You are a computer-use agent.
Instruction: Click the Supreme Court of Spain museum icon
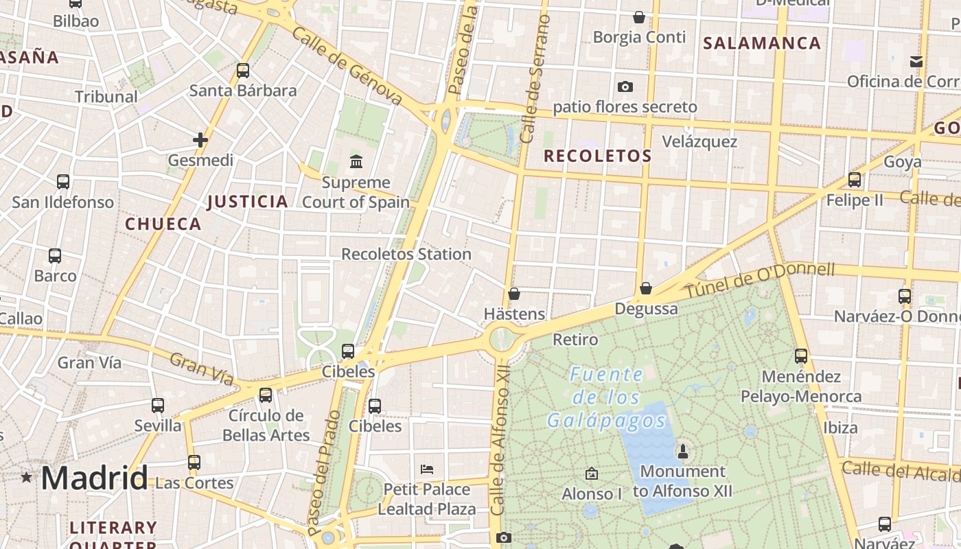tap(356, 162)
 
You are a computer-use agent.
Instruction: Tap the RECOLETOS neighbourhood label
tap(597, 156)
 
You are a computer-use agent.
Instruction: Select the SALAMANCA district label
tap(762, 43)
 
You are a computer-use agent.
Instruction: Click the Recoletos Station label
tap(406, 254)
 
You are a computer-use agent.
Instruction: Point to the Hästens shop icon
tap(514, 294)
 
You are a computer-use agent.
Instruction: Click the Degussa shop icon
tap(645, 288)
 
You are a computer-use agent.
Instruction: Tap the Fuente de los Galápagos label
tap(607, 397)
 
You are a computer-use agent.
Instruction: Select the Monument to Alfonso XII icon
tap(682, 451)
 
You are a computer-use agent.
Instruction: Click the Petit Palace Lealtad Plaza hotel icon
tap(426, 469)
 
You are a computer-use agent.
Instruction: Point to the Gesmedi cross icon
tap(200, 140)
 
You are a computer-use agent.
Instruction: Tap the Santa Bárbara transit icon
tap(243, 70)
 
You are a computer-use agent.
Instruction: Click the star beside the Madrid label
tap(26, 477)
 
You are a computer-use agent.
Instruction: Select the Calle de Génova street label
tap(347, 66)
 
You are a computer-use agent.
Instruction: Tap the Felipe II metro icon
tap(855, 180)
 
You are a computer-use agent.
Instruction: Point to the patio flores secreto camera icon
tap(625, 86)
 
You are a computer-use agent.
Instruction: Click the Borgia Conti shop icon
tap(639, 17)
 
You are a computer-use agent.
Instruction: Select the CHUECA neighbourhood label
tap(163, 224)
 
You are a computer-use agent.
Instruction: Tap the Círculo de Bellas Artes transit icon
tap(266, 395)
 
